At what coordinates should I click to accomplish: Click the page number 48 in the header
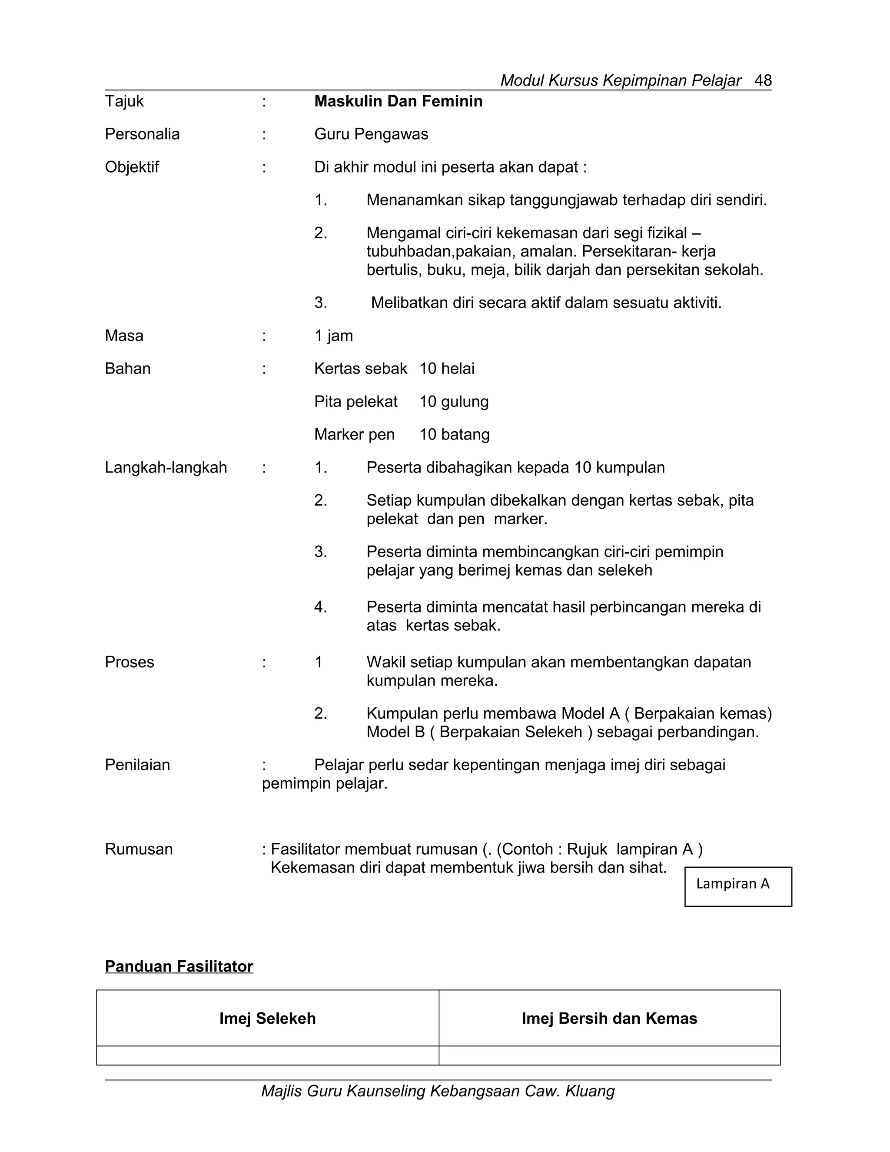pyautogui.click(x=763, y=81)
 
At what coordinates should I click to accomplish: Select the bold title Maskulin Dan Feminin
pyautogui.click(x=398, y=101)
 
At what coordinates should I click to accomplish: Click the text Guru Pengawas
pyautogui.click(x=371, y=134)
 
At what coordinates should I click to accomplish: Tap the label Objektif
pyautogui.click(x=132, y=167)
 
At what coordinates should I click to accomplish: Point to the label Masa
pyautogui.click(x=124, y=336)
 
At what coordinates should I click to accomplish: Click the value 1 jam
pyautogui.click(x=333, y=336)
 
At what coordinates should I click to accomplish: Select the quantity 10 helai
pyautogui.click(x=447, y=369)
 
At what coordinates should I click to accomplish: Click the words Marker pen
pyautogui.click(x=354, y=435)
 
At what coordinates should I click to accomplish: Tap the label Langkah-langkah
pyautogui.click(x=166, y=468)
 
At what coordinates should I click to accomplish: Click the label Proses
pyautogui.click(x=129, y=663)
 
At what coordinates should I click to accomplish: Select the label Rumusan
pyautogui.click(x=139, y=849)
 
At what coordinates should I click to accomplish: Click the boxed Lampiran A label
pyautogui.click(x=733, y=884)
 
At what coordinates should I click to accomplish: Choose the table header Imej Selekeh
pyautogui.click(x=267, y=1019)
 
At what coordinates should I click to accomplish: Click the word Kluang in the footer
pyautogui.click(x=590, y=1091)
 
